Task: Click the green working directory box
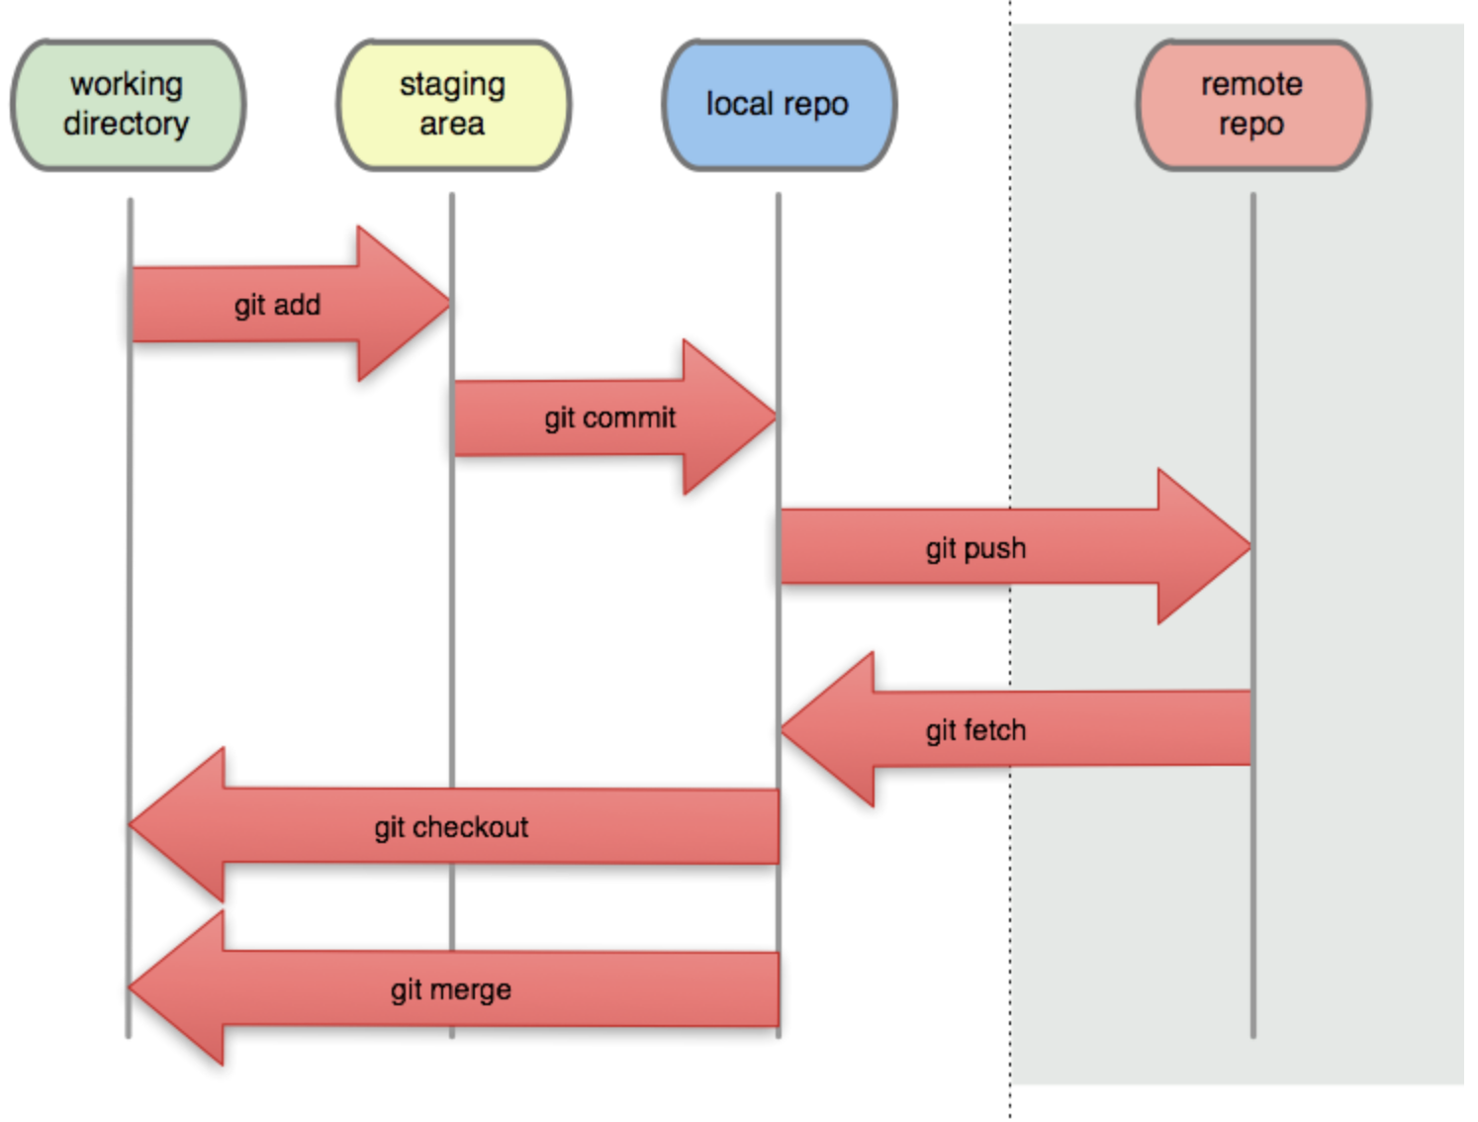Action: pyautogui.click(x=128, y=105)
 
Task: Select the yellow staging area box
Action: pyautogui.click(x=454, y=105)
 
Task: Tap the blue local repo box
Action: pyautogui.click(x=780, y=105)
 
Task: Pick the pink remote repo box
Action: pyautogui.click(x=1253, y=105)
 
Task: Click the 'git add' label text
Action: pyautogui.click(x=277, y=306)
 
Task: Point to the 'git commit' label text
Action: pyautogui.click(x=610, y=419)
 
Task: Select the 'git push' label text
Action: pyautogui.click(x=975, y=549)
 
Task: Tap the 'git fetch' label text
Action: pyautogui.click(x=975, y=731)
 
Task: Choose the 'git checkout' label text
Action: pyautogui.click(x=451, y=828)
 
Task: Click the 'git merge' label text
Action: pyautogui.click(x=450, y=990)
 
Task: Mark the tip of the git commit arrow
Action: pyautogui.click(x=776, y=417)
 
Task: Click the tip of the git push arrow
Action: pyautogui.click(x=1250, y=546)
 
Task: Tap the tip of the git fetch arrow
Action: pyautogui.click(x=782, y=728)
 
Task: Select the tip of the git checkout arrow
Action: pyautogui.click(x=130, y=824)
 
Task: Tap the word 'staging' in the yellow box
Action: pyautogui.click(x=452, y=86)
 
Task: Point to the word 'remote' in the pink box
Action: pyautogui.click(x=1251, y=85)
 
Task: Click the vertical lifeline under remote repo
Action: pyautogui.click(x=1253, y=615)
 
